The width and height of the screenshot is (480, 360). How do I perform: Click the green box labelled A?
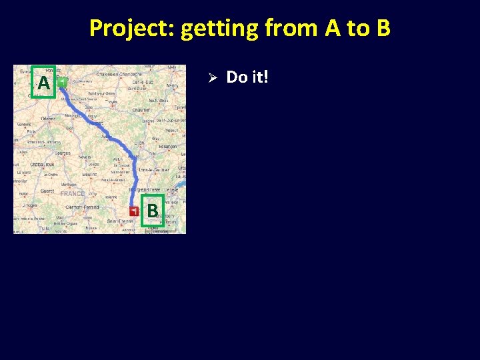pyautogui.click(x=44, y=83)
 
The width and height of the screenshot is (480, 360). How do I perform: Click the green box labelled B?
pyautogui.click(x=153, y=211)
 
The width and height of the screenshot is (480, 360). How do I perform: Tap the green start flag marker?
pyautogui.click(x=61, y=83)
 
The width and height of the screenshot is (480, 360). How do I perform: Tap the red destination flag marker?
pyautogui.click(x=135, y=211)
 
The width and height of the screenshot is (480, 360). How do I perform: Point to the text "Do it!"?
pyautogui.click(x=247, y=77)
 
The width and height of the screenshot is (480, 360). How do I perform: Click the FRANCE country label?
pyautogui.click(x=72, y=193)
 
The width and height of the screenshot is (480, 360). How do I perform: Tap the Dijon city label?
pyautogui.click(x=139, y=143)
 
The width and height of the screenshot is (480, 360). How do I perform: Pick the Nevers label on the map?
pyautogui.click(x=84, y=158)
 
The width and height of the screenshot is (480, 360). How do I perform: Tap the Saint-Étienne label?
pyautogui.click(x=120, y=221)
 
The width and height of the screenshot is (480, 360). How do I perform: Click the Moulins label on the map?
pyautogui.click(x=89, y=174)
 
